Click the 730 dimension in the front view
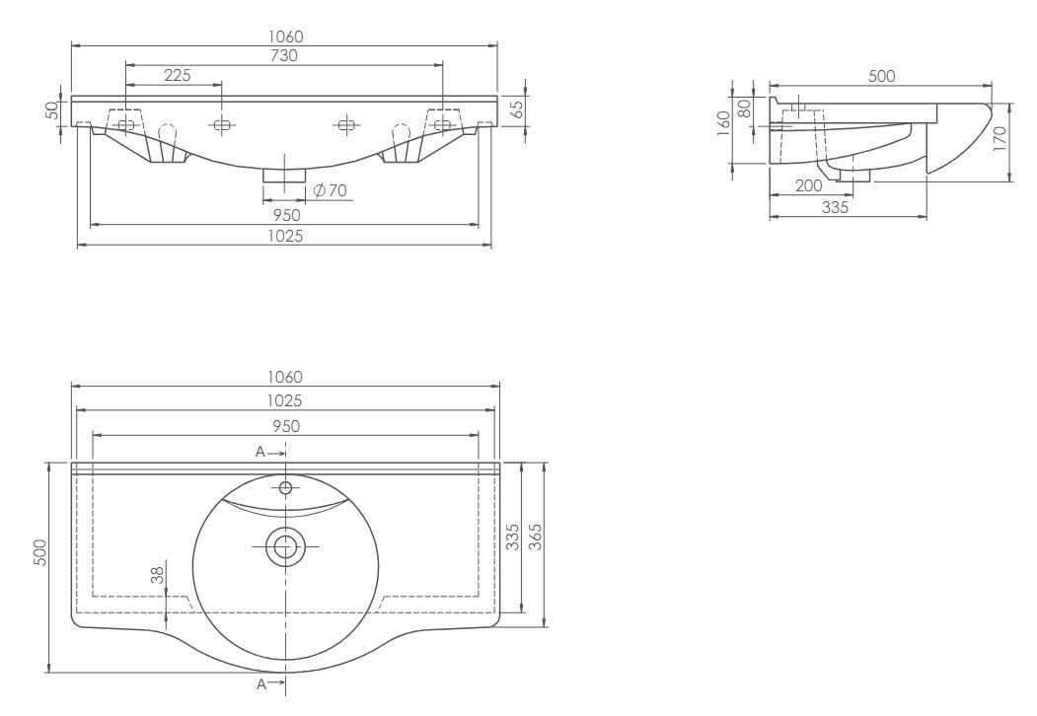(284, 56)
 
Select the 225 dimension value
(178, 75)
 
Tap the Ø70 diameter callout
(330, 191)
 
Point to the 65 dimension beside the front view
(518, 107)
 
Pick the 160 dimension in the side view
(723, 123)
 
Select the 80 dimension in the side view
(745, 108)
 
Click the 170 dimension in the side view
(1000, 139)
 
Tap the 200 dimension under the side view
(808, 186)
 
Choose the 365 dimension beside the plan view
(536, 537)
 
